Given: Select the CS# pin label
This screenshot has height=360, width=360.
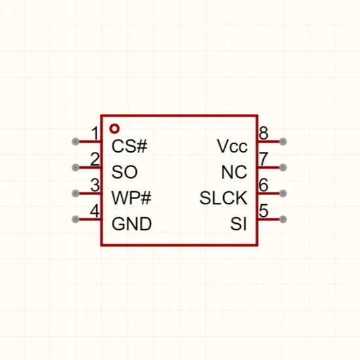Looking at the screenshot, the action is [x=129, y=146].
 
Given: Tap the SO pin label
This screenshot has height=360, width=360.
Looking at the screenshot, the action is [x=124, y=172].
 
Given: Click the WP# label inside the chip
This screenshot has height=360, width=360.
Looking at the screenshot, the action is [x=132, y=198].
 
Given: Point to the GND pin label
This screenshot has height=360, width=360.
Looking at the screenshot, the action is [x=132, y=224].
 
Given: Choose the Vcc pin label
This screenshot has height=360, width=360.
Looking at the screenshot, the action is [x=232, y=146].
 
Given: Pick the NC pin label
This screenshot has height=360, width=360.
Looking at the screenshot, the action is [x=234, y=172].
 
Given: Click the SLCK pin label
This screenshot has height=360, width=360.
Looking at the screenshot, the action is [x=224, y=198].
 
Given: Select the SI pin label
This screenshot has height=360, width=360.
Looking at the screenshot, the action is [x=239, y=224].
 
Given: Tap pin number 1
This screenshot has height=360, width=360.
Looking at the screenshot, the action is [x=95, y=133].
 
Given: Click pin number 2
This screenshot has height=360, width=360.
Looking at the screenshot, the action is [x=95, y=159].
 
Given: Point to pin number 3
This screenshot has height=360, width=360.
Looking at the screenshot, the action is [x=95, y=185].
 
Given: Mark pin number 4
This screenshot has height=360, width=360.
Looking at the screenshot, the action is [x=95, y=211].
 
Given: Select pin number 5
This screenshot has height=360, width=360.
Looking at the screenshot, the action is [x=264, y=211].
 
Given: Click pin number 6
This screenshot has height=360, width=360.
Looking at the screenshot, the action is [x=264, y=185].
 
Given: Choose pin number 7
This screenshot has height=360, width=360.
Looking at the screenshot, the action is [x=264, y=159].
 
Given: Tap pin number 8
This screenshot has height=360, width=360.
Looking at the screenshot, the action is [x=264, y=133].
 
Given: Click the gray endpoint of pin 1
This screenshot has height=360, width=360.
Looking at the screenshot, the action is [x=75, y=141].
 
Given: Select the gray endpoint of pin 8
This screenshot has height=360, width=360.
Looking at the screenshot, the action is [x=283, y=141].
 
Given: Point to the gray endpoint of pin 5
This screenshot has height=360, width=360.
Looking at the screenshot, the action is [x=283, y=219].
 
